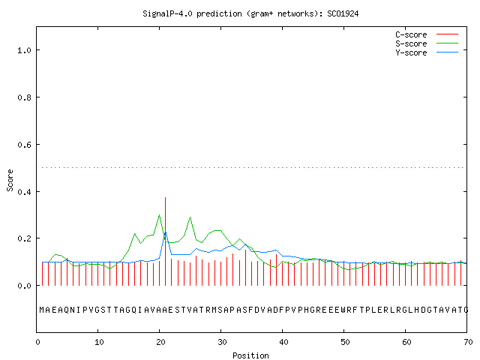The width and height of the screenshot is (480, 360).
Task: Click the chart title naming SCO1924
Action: [250, 13]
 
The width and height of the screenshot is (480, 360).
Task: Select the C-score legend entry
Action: [427, 34]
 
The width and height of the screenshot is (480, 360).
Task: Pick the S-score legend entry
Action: [427, 43]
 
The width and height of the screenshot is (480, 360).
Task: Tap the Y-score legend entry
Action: [427, 52]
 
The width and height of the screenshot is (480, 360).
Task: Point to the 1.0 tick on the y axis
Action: [24, 50]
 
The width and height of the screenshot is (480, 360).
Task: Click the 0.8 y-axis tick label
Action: [24, 97]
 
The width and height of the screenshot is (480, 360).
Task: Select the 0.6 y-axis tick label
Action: [24, 145]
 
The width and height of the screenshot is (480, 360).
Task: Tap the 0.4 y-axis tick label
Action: [24, 192]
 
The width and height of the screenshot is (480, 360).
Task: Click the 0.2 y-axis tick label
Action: [24, 238]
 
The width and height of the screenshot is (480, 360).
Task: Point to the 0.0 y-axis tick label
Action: [24, 286]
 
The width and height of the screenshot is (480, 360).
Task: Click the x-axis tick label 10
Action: [99, 342]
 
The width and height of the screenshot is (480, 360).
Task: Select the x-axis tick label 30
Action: [222, 342]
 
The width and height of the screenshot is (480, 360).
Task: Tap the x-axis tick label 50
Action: [345, 342]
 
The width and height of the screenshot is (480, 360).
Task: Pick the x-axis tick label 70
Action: [468, 342]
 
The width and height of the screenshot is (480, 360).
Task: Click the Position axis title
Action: [250, 355]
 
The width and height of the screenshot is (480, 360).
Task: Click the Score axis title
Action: [10, 181]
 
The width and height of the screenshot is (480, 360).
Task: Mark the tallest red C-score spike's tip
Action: [165, 197]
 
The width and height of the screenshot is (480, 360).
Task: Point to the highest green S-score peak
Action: [159, 215]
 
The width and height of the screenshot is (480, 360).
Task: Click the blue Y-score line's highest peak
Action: [165, 231]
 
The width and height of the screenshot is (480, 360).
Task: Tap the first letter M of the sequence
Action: [42, 310]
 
